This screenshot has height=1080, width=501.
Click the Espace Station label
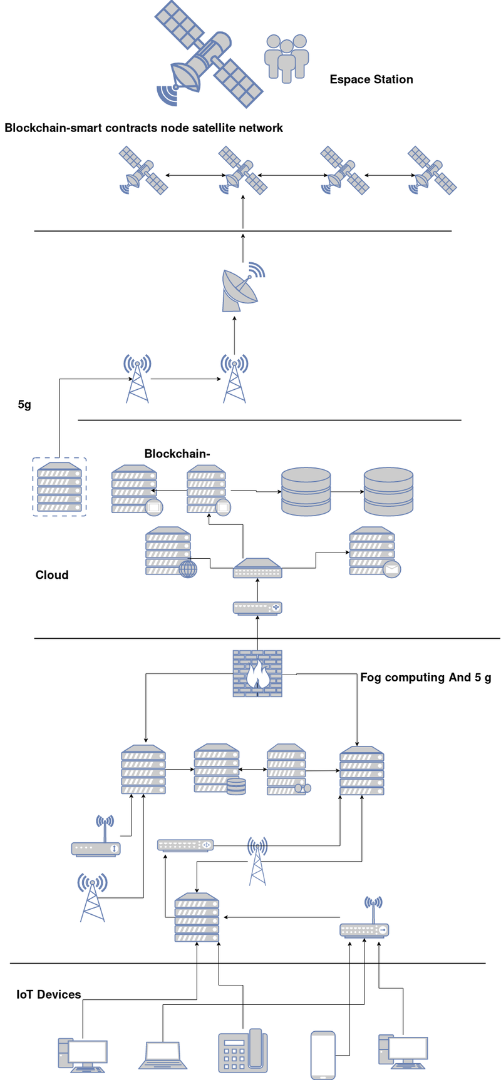click(371, 79)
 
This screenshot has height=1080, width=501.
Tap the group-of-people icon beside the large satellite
click(286, 58)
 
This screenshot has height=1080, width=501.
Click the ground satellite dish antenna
click(241, 288)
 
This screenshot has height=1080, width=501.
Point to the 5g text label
click(24, 405)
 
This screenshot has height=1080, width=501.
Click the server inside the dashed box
click(59, 487)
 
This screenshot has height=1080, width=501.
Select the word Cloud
click(52, 575)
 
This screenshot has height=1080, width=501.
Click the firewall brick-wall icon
click(257, 673)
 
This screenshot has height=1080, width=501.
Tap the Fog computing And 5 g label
click(426, 677)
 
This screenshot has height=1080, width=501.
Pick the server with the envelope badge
click(373, 551)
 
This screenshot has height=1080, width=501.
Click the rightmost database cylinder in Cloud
click(388, 491)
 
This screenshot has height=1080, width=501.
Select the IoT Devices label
click(49, 994)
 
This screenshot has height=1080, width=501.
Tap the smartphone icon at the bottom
click(323, 1054)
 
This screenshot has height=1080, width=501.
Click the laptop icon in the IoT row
click(162, 1055)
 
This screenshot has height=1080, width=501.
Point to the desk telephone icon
click(242, 1051)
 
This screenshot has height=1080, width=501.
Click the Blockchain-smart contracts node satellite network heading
click(143, 128)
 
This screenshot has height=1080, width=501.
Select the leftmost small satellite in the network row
click(144, 170)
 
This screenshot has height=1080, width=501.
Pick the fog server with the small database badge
click(218, 769)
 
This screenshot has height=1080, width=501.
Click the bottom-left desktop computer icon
click(83, 1055)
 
